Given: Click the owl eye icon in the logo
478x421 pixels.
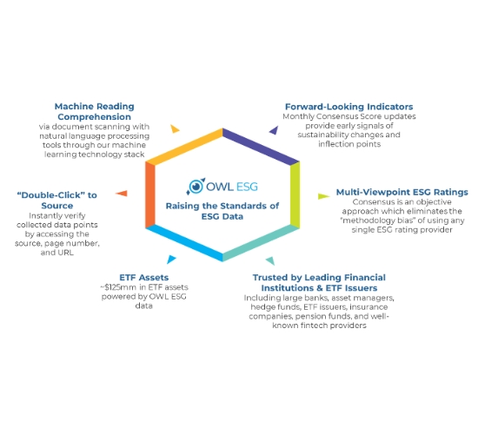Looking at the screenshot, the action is pos(196,186).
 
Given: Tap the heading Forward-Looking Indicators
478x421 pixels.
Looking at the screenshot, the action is pos(349,107).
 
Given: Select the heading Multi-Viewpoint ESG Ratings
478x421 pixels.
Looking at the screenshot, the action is pos(402,192).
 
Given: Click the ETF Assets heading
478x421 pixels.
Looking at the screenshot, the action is pos(144,277).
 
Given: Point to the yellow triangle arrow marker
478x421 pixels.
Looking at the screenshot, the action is pos(175,128).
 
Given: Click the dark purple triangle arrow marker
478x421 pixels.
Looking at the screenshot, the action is pos(274,130).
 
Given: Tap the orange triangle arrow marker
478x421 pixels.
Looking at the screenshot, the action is pos(122,194).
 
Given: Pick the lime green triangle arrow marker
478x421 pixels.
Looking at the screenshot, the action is pos(323,196).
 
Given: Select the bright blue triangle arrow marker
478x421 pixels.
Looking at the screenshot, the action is pos(171,259).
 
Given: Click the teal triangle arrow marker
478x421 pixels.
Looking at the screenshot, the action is pos(270,260).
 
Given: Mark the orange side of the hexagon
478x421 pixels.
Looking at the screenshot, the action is pos(150,194).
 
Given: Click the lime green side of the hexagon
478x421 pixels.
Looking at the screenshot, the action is pos(295,194).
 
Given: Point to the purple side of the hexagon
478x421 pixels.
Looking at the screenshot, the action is pos(261,147).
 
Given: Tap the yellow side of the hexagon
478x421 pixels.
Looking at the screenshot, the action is pos(184,147).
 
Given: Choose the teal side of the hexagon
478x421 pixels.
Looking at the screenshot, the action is pos(261,243).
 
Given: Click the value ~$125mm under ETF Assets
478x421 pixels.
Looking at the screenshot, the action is pos(118,287).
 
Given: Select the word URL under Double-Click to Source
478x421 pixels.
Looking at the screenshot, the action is pos(66,253).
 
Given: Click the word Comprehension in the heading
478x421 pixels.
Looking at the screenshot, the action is pos(94,116).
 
